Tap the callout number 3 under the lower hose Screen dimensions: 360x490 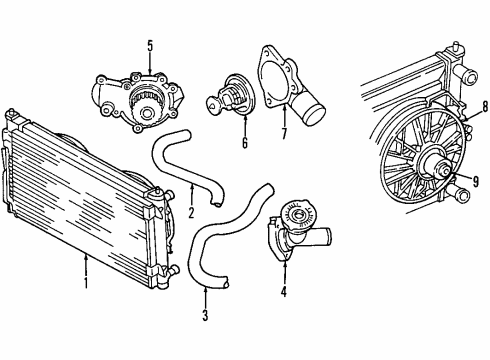click(x=205, y=319)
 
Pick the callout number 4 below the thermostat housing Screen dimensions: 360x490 click(x=284, y=292)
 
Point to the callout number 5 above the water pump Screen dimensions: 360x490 click(x=150, y=44)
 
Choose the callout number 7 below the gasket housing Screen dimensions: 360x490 click(x=284, y=131)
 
